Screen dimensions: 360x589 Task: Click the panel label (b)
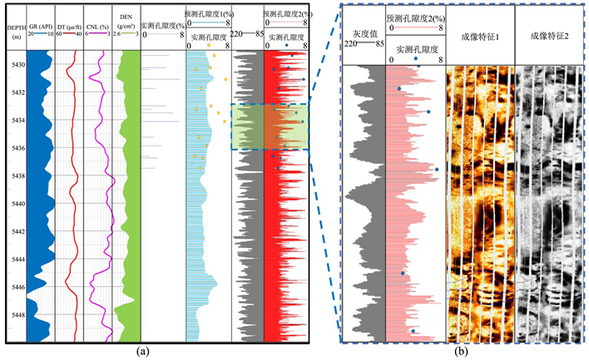(461, 352)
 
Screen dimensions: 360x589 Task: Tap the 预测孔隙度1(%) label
(208, 14)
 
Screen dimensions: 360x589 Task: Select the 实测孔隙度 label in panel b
(414, 49)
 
